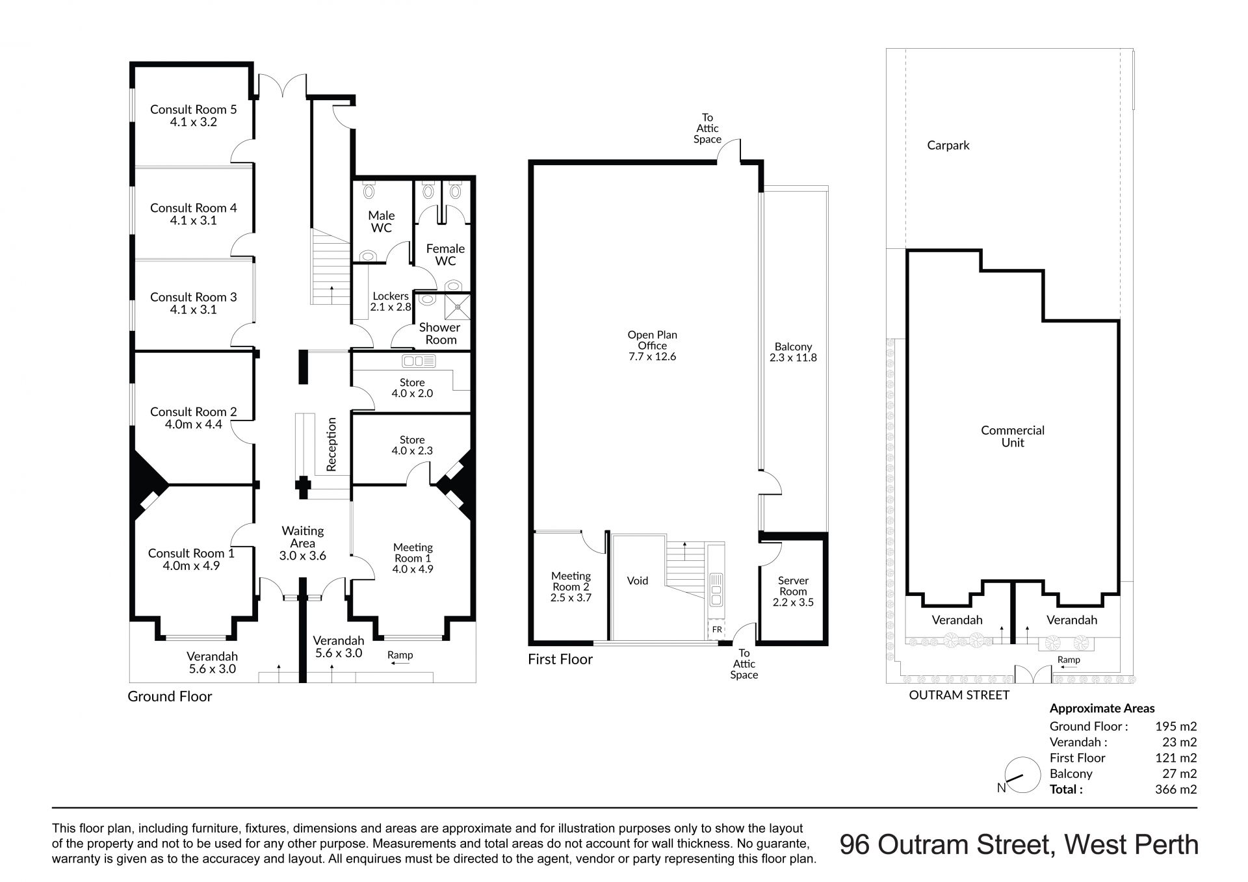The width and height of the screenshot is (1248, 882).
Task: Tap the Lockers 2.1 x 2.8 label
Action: coord(391,302)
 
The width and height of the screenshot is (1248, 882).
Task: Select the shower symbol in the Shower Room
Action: coord(458,304)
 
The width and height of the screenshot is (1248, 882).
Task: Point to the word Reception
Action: coord(331,444)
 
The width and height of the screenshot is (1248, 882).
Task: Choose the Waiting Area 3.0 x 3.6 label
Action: coord(303,543)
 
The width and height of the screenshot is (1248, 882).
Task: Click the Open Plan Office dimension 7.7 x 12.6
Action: coord(652,357)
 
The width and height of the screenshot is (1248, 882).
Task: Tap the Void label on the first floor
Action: coord(638,581)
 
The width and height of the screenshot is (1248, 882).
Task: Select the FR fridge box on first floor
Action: coord(717,630)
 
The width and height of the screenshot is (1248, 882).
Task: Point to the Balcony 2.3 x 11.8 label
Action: coord(793,352)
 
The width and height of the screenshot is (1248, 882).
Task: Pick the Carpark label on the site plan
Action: coord(948,146)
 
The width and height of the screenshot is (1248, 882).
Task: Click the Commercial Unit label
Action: coord(1013,436)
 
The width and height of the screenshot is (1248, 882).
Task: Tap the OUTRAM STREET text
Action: coord(959,695)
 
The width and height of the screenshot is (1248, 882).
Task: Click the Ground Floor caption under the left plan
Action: coord(170,697)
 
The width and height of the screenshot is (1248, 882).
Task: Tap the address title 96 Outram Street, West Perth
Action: coord(1019,845)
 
